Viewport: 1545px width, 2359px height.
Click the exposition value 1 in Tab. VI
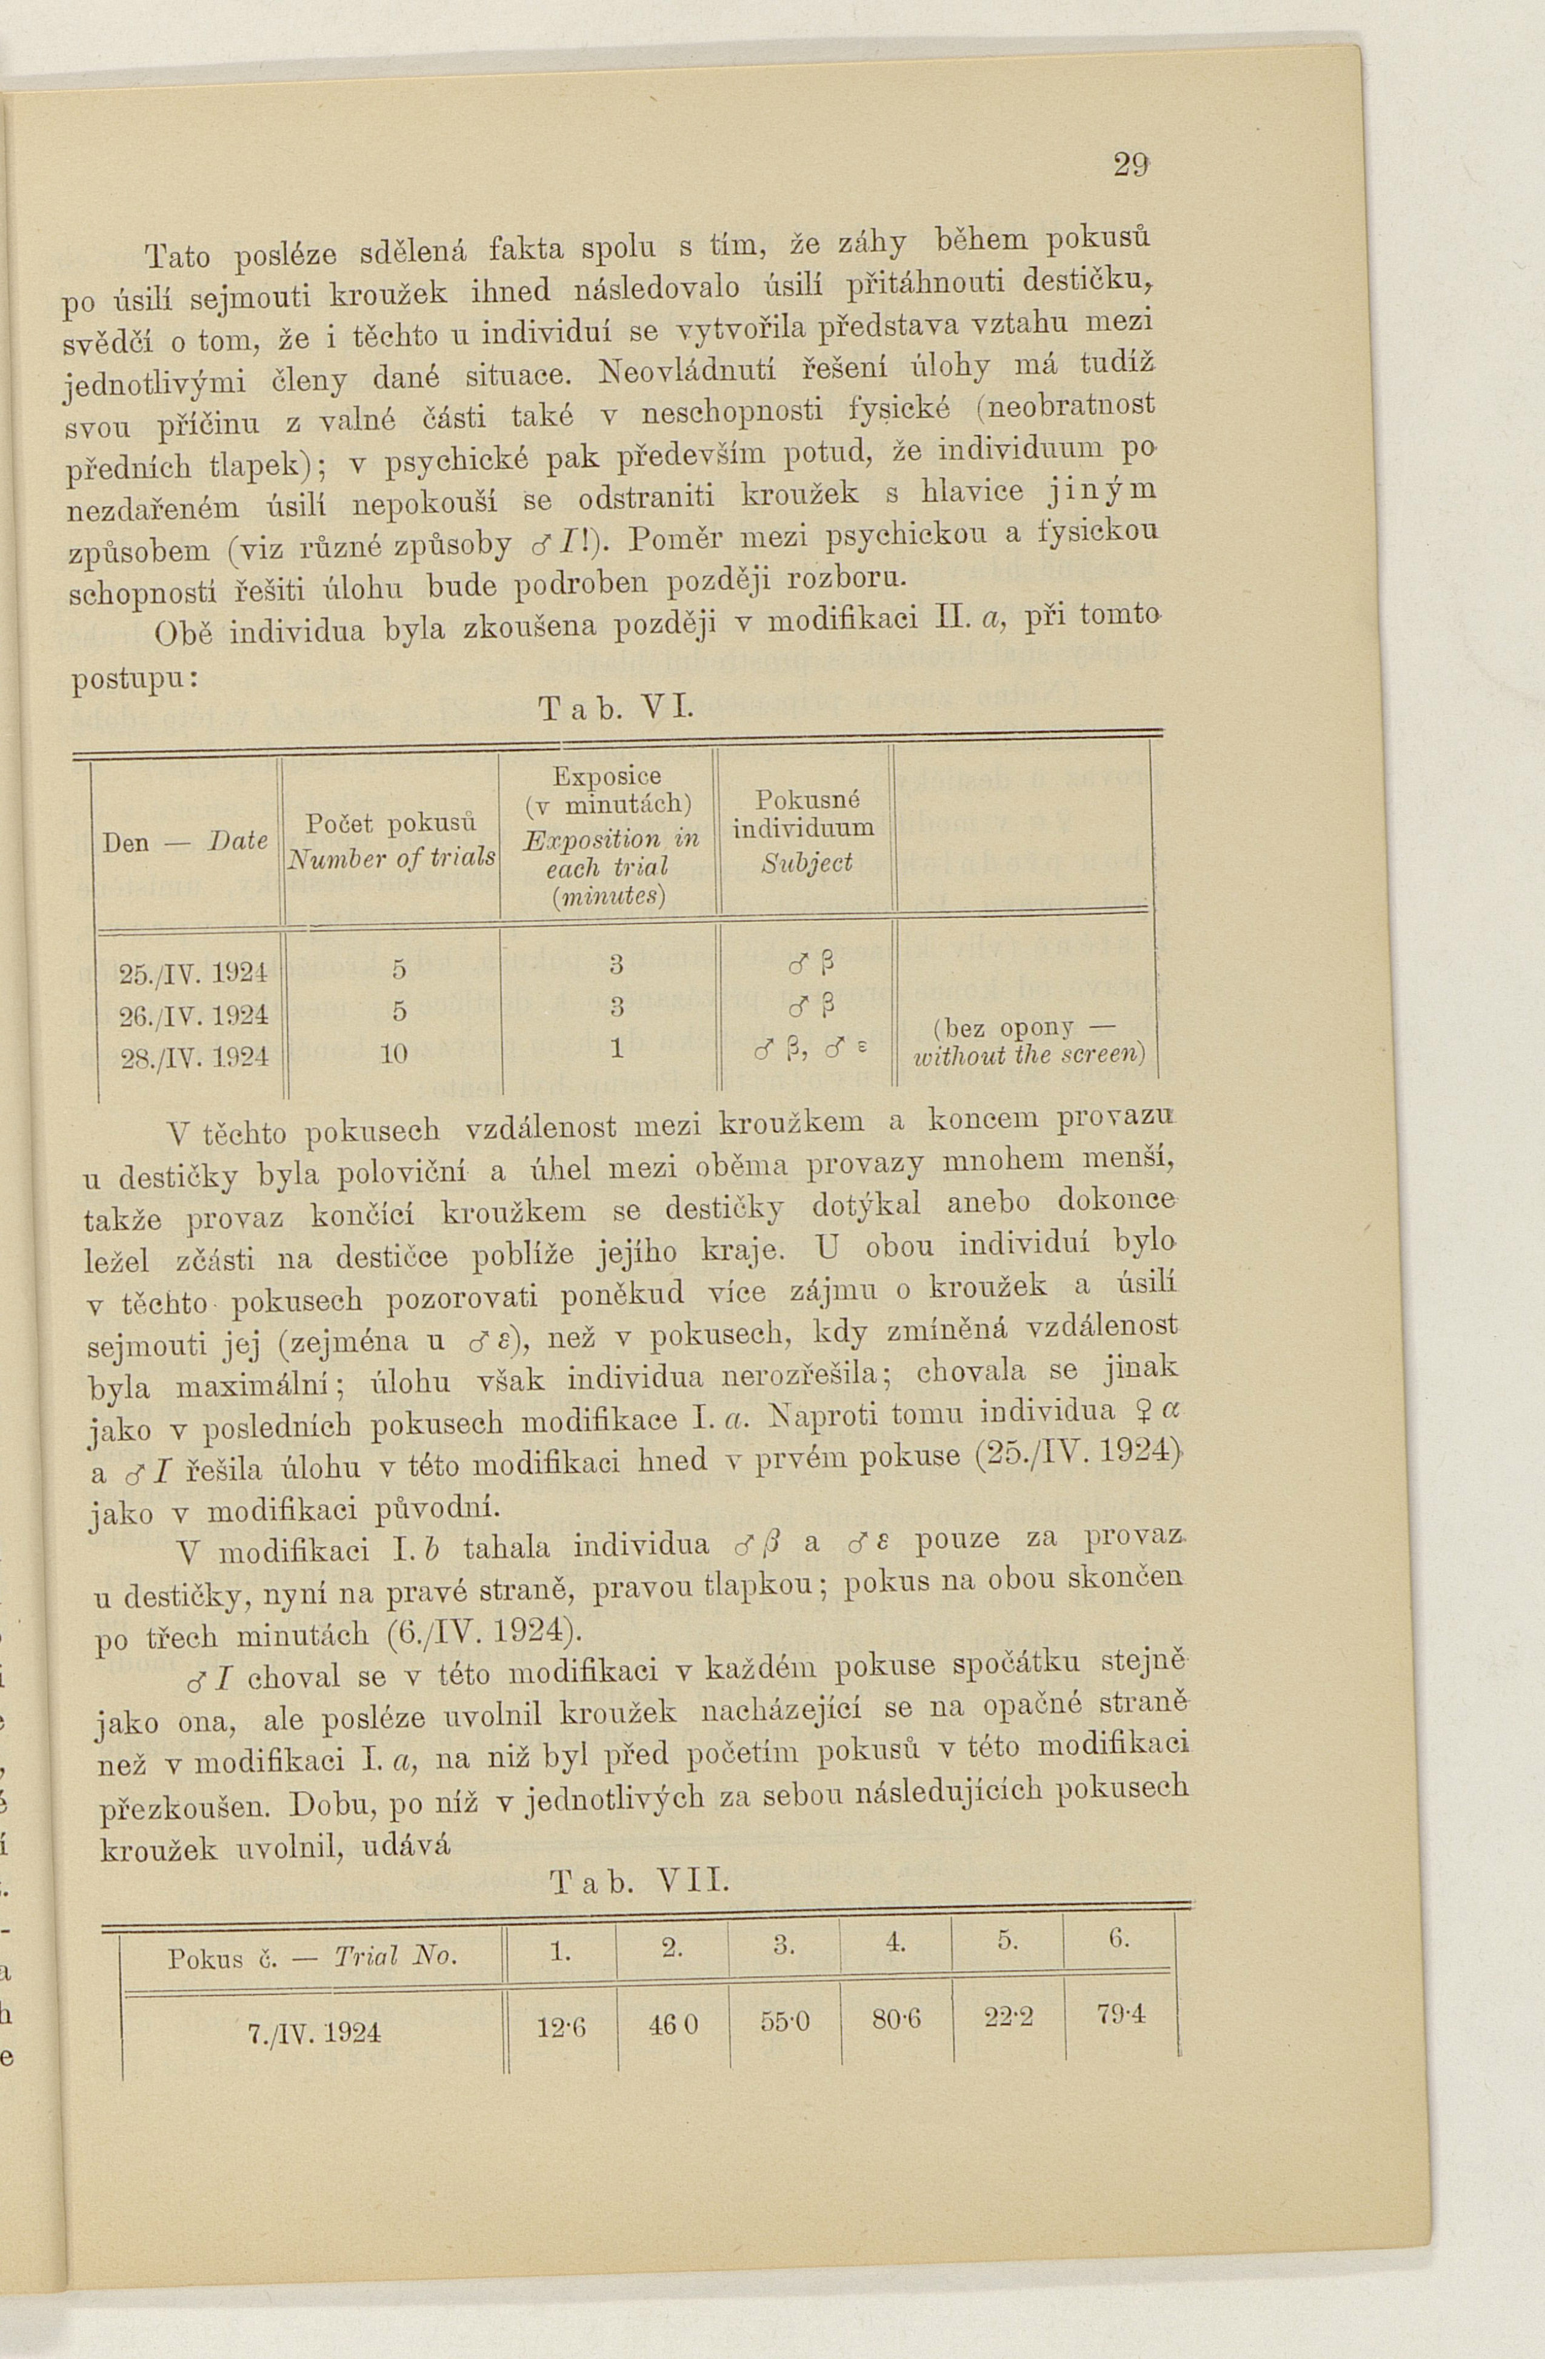pos(616,1049)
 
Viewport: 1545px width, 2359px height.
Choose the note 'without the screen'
pos(1029,1055)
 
